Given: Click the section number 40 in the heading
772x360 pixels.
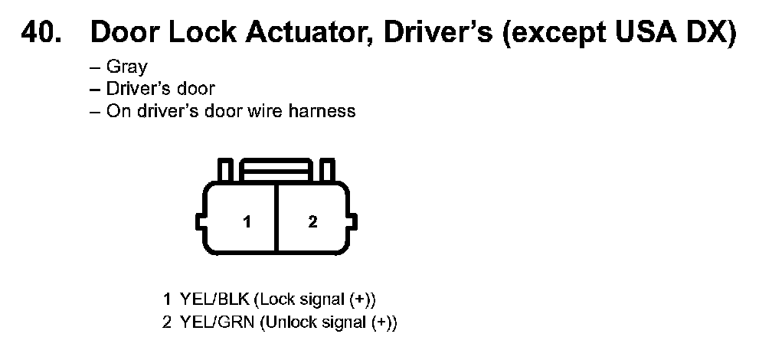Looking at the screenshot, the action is (42, 34).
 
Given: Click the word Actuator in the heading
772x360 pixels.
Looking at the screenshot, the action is (286, 34).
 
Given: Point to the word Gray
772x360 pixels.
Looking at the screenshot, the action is (127, 67).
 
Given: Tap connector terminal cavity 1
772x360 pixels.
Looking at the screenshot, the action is (247, 222).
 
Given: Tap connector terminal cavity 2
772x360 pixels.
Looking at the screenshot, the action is (312, 222).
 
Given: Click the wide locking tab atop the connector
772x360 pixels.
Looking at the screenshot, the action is (276, 169).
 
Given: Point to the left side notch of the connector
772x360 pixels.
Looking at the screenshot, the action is (201, 222).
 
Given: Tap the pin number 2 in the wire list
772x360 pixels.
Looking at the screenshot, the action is (166, 322).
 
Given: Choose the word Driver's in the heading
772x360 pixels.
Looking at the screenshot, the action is (432, 34).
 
